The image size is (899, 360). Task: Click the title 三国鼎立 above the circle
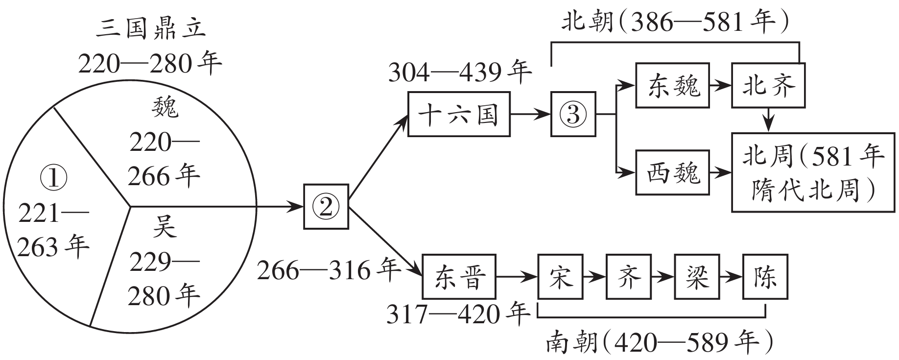[x=150, y=28]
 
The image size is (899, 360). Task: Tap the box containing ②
[x=326, y=206]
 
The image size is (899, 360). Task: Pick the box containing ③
[x=573, y=114]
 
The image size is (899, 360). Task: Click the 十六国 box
[x=459, y=114]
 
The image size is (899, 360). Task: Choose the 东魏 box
[x=672, y=85]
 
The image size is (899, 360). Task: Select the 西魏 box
[x=672, y=173]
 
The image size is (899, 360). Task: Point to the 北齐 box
[x=768, y=85]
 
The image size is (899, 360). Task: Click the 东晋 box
[x=459, y=277]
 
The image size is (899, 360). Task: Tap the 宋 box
[x=560, y=277]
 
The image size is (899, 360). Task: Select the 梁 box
[x=697, y=277]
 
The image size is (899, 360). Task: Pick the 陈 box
[x=765, y=277]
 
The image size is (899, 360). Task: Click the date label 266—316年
[x=329, y=270]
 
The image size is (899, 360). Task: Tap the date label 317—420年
[x=458, y=314]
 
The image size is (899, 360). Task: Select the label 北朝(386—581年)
[x=675, y=22]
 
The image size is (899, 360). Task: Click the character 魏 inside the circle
[x=165, y=107]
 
